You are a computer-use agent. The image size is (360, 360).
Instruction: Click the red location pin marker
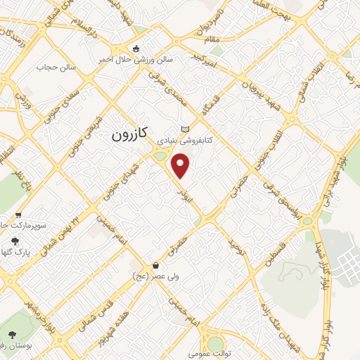point(181,166)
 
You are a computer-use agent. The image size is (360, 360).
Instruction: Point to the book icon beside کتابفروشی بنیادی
point(185,129)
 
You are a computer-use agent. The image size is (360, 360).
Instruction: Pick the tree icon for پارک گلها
point(15,240)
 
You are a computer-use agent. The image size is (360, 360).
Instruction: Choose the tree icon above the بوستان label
point(13,334)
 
